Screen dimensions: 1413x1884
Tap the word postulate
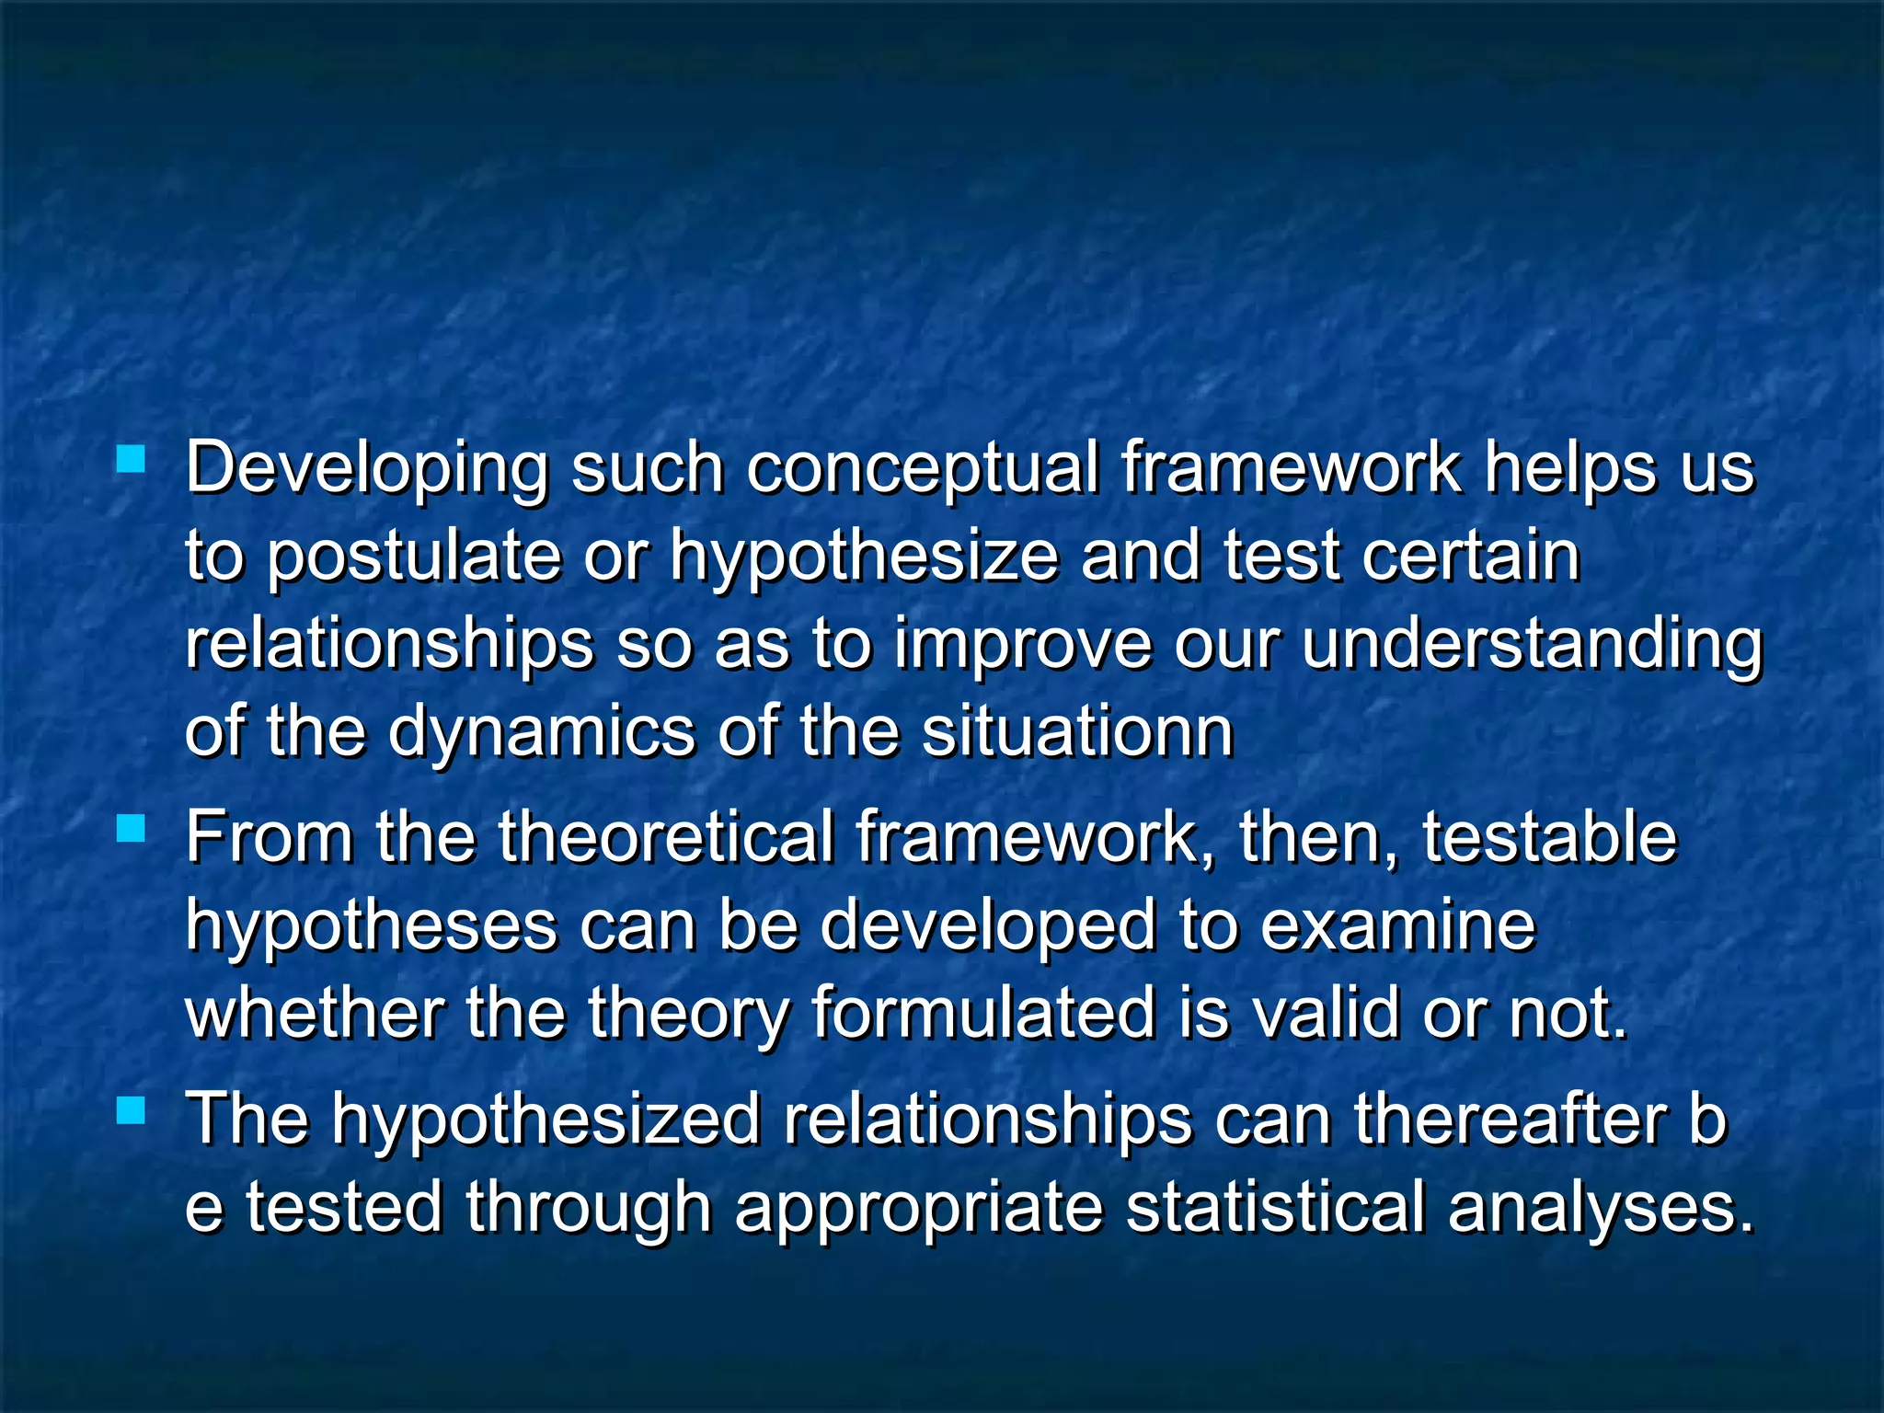414,557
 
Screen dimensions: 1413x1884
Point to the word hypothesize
864,557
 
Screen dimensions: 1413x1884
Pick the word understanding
1532,646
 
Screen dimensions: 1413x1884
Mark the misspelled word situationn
1077,732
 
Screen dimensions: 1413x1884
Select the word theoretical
665,837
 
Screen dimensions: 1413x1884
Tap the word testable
1550,837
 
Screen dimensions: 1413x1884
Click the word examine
1398,925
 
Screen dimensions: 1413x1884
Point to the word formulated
982,1013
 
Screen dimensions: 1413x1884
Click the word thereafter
1510,1120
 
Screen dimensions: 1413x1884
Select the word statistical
1275,1208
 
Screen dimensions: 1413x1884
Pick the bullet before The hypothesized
132,1110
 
